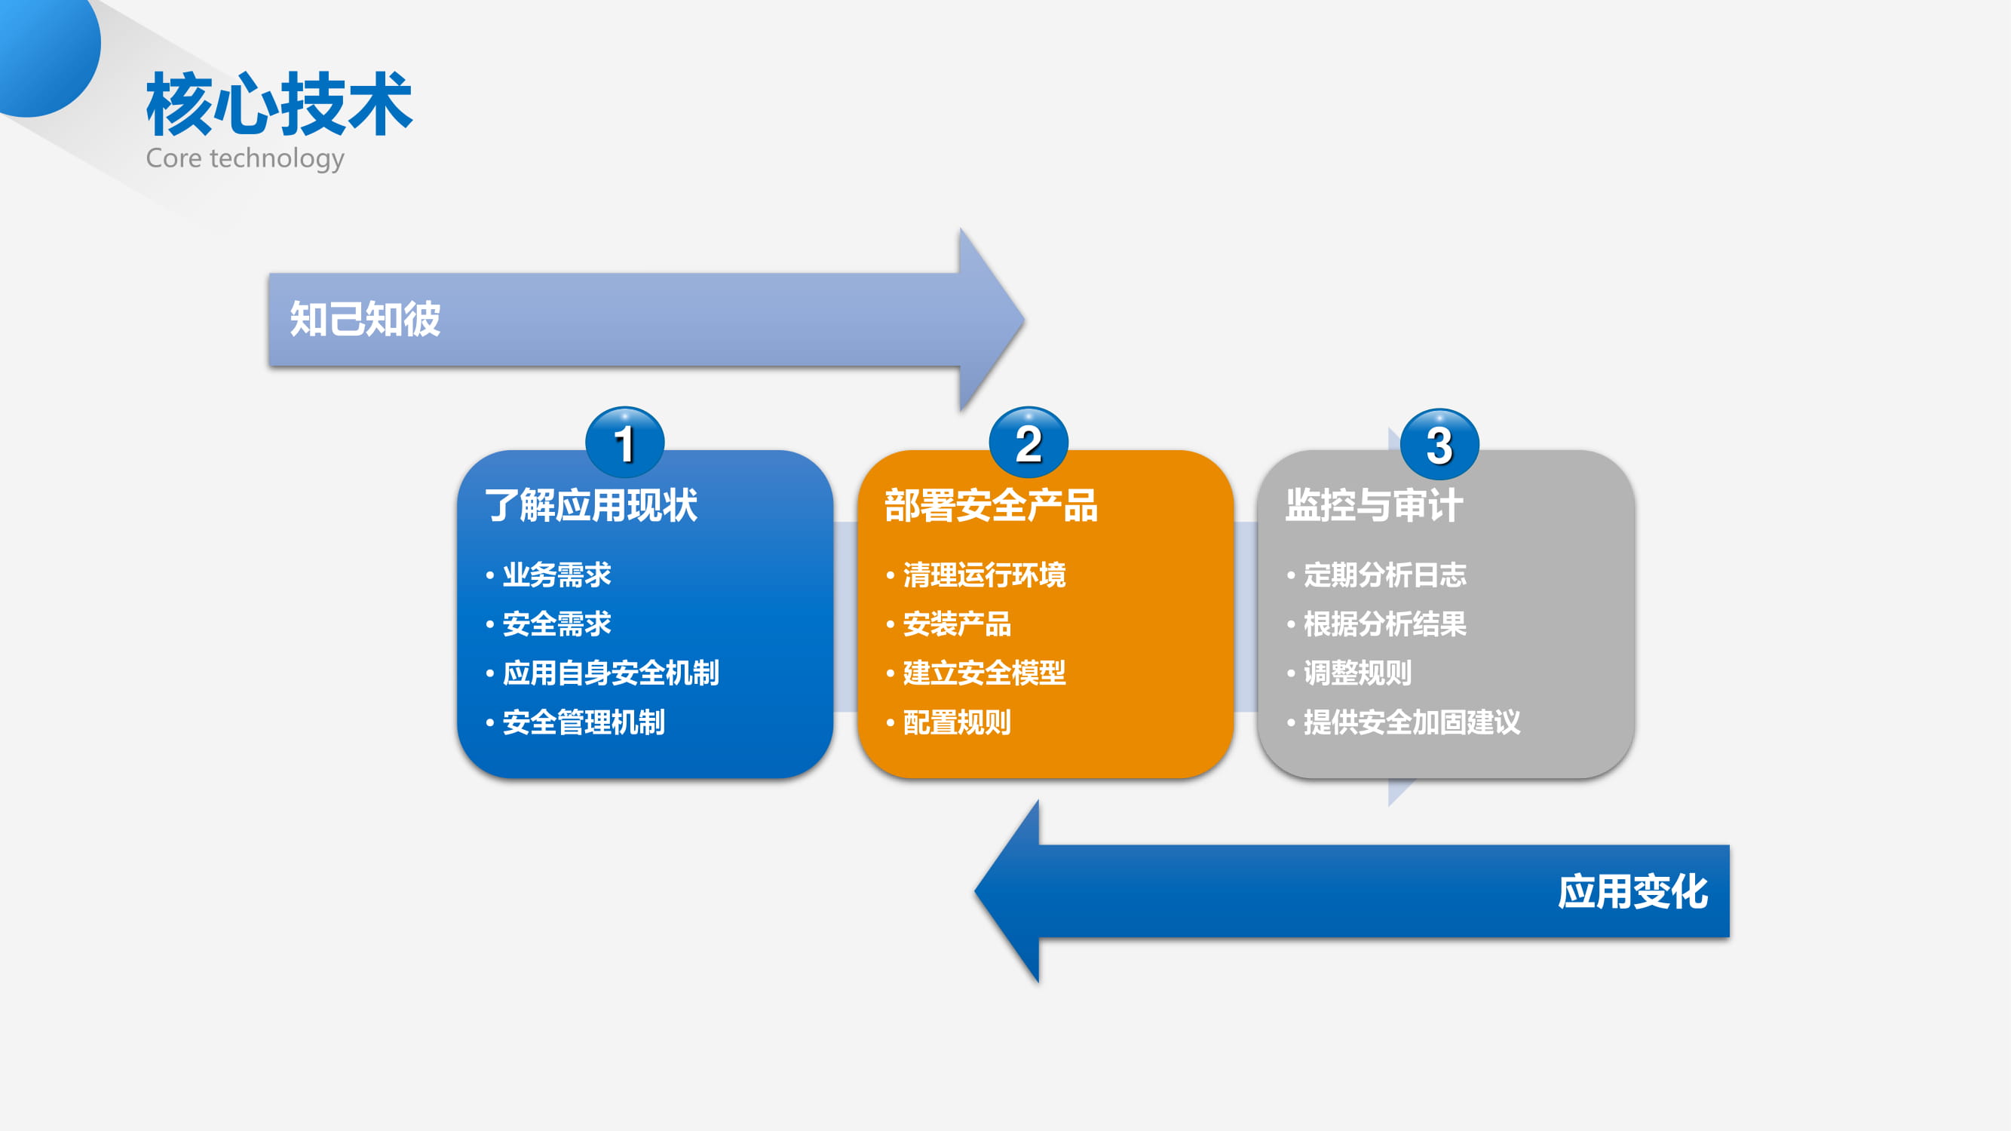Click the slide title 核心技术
coord(279,103)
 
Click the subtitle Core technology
coord(245,158)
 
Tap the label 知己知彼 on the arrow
coord(366,319)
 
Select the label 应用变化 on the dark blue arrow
coord(1632,891)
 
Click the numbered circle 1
coord(624,443)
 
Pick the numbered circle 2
coord(1028,443)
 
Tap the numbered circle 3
coord(1439,444)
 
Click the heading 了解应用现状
coord(591,505)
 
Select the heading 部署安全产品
coord(992,505)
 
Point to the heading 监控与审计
coord(1375,505)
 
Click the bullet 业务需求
coord(556,575)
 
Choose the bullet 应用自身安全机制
coord(611,673)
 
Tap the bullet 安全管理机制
coord(584,722)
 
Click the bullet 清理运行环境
coord(985,575)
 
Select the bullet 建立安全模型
coord(985,673)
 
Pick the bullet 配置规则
coord(957,722)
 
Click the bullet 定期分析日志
coord(1385,575)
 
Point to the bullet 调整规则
coord(1357,673)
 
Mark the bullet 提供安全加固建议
coord(1412,722)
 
